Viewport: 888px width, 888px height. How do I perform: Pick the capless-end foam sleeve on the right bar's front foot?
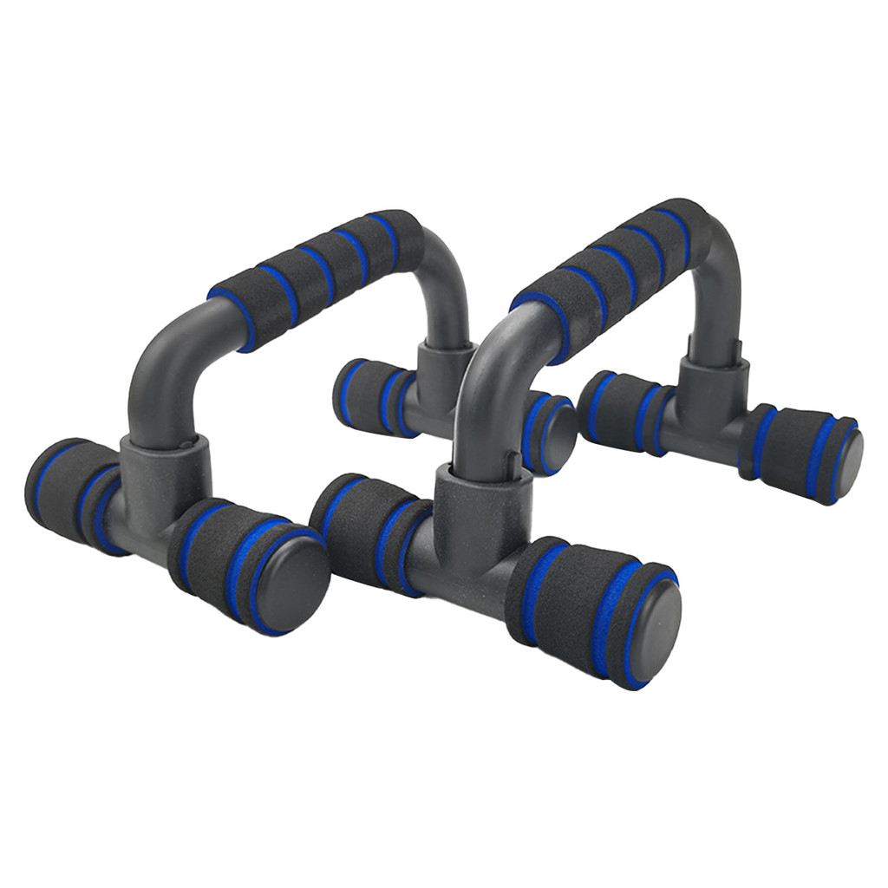(x=364, y=529)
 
